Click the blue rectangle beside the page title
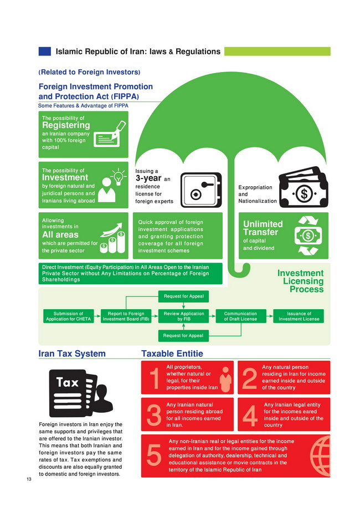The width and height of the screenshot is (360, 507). tap(44, 52)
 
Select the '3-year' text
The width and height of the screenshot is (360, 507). tap(148, 179)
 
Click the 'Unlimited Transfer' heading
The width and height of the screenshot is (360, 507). tap(263, 228)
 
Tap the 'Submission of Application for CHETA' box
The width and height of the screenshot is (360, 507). tap(68, 316)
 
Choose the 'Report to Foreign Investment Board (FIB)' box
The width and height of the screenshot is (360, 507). tap(126, 316)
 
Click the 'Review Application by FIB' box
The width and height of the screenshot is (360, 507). tap(184, 316)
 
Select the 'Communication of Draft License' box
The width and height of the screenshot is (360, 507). tap(241, 316)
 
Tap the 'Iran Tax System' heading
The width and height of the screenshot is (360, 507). tap(71, 354)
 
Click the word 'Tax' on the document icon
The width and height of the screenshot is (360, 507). tap(67, 383)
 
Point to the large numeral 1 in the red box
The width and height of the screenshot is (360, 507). tap(154, 378)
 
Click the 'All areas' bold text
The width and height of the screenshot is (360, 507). tap(60, 235)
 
